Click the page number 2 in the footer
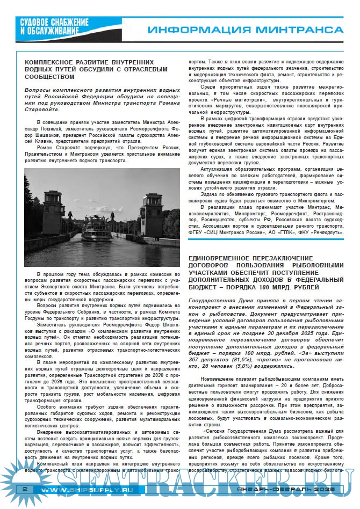tap(25, 490)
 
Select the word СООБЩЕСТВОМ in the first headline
tap(52, 76)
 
